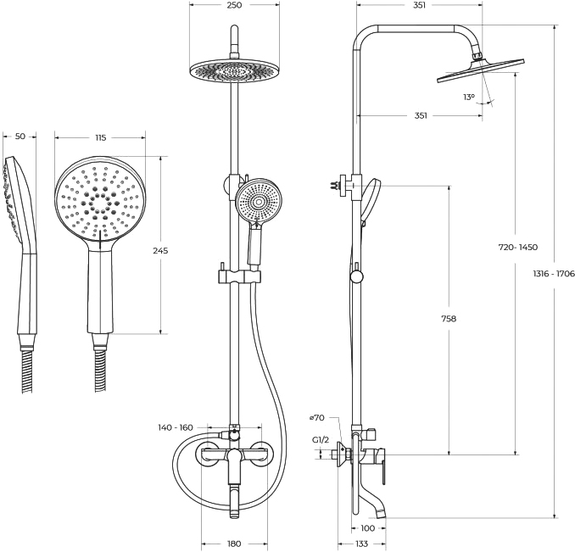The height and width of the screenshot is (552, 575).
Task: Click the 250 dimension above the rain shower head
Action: pos(234,5)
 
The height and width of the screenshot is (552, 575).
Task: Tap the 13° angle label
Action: pos(469,98)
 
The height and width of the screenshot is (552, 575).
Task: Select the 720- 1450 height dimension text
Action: pos(518,247)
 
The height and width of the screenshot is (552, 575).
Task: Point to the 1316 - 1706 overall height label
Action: pos(554,273)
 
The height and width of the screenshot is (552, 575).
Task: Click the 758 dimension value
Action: pos(449,319)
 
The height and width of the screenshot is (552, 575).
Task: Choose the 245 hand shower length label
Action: pos(160,251)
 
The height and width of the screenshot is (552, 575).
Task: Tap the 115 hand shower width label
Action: pos(100,137)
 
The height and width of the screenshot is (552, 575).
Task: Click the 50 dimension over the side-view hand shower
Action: pos(20,137)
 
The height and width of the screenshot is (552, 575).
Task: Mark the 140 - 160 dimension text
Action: pos(176,427)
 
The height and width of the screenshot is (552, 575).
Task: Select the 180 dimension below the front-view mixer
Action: pos(234,544)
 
